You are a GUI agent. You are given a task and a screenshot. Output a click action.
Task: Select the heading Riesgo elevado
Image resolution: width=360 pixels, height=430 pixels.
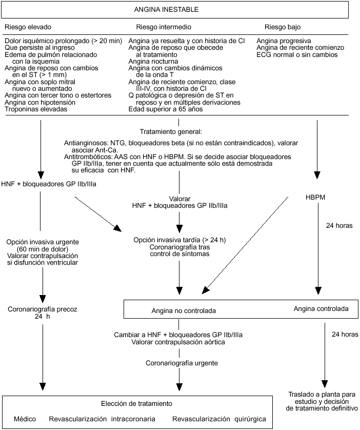pyautogui.click(x=28, y=27)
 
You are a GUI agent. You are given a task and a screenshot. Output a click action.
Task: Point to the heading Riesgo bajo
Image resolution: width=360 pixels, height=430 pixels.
pyautogui.click(x=283, y=27)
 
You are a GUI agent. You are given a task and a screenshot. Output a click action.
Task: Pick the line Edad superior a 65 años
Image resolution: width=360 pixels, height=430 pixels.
pyautogui.click(x=166, y=109)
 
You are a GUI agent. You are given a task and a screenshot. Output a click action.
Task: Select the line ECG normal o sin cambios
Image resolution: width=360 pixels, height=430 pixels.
pyautogui.click(x=297, y=54)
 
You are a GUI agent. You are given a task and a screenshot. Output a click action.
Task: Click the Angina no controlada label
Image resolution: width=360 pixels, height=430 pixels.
pyautogui.click(x=184, y=310)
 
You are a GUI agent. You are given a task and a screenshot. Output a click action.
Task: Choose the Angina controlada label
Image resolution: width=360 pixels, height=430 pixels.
pyautogui.click(x=321, y=309)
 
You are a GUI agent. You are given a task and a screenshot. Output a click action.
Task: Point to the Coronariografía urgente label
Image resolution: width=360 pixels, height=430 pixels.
pyautogui.click(x=181, y=363)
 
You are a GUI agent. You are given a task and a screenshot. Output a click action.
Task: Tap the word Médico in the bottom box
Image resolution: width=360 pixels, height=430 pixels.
pyautogui.click(x=25, y=419)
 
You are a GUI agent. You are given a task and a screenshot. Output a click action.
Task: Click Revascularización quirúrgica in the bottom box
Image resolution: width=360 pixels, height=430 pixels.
pyautogui.click(x=219, y=419)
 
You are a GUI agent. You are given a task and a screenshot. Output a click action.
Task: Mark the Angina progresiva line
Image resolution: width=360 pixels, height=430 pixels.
pyautogui.click(x=284, y=41)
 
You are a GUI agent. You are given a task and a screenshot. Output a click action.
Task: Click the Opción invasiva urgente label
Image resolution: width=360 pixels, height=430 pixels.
pyautogui.click(x=43, y=241)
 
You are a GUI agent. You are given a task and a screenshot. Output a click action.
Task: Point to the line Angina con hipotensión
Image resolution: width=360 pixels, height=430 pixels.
pyautogui.click(x=38, y=102)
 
